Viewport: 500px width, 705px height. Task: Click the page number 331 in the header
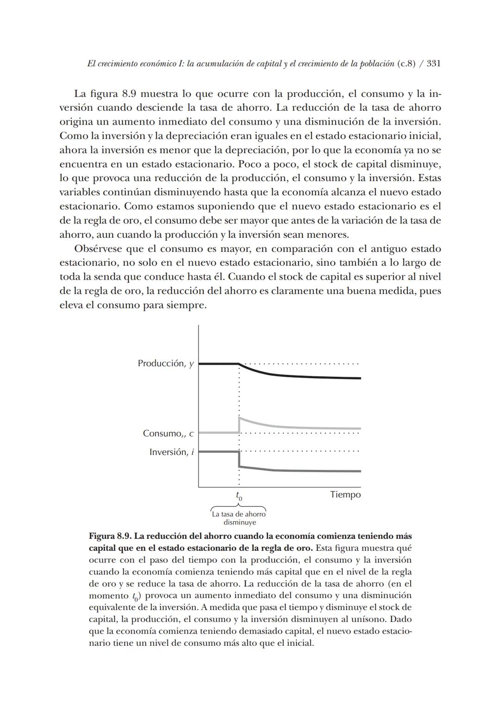(433, 64)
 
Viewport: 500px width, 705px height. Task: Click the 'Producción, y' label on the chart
(165, 364)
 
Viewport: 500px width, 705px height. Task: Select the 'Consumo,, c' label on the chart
(168, 434)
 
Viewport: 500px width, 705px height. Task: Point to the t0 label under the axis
(239, 496)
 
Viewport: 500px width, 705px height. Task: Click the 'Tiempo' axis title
(345, 495)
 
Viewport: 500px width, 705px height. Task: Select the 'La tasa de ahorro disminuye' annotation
(239, 518)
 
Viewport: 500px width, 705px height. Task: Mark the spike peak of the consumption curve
(239, 418)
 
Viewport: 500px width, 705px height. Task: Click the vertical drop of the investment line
(239, 459)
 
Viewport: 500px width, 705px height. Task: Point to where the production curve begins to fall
(239, 364)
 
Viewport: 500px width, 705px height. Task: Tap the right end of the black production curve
(360, 378)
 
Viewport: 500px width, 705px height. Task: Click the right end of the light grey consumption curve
(360, 429)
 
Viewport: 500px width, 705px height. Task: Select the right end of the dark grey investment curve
(360, 471)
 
